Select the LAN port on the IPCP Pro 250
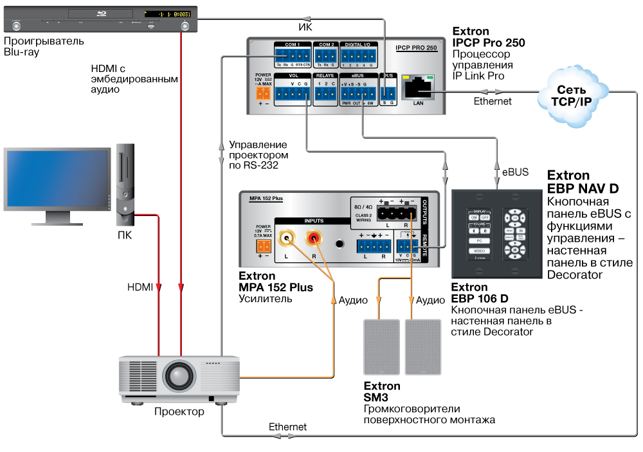pyautogui.click(x=419, y=86)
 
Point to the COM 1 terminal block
pyautogui.click(x=292, y=56)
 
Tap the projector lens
pyautogui.click(x=177, y=374)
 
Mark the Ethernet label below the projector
pyautogui.click(x=287, y=426)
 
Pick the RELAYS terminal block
pyautogui.click(x=326, y=94)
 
